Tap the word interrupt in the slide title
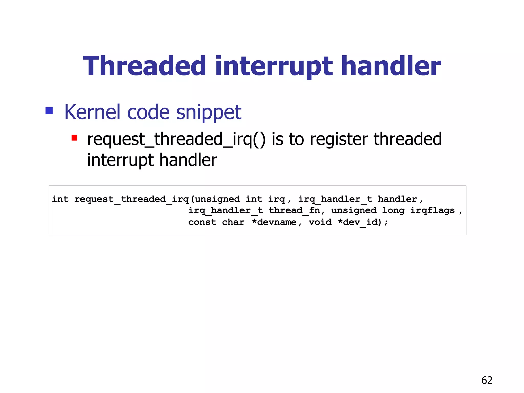(274, 67)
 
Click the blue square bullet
(49, 111)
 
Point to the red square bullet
(74, 138)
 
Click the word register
(339, 139)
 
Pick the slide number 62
(487, 380)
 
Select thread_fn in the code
(294, 211)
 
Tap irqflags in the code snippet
(432, 211)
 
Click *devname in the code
(274, 222)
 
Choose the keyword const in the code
(202, 222)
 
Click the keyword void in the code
(320, 222)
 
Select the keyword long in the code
(393, 211)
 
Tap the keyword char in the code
(233, 222)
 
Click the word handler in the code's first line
(397, 199)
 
